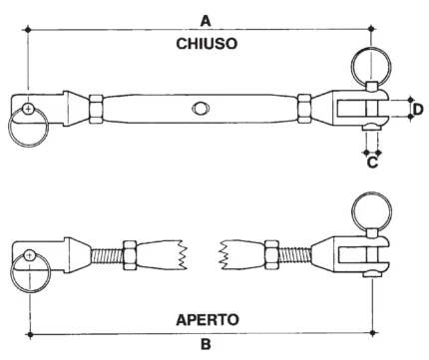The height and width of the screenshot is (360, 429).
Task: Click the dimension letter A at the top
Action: click(x=206, y=21)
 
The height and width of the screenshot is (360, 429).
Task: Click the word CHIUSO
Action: click(x=207, y=44)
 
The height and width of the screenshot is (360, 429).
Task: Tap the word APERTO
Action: click(x=208, y=320)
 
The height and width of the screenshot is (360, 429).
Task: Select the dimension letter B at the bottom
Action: click(x=206, y=344)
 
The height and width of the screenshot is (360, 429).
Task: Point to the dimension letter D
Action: click(x=418, y=109)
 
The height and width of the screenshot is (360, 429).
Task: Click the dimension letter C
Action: click(x=372, y=163)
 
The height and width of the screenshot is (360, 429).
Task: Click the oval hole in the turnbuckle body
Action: click(x=201, y=109)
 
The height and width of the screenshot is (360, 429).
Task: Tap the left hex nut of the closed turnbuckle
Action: click(x=96, y=109)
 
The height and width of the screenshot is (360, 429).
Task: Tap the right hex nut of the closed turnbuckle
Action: click(x=304, y=109)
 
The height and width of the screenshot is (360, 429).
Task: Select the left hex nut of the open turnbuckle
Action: click(x=130, y=255)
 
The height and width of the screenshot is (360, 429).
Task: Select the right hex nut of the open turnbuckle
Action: click(x=271, y=255)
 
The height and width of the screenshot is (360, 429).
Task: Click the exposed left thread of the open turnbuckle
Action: click(x=107, y=256)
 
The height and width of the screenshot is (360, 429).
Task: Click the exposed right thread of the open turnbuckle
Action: click(x=295, y=255)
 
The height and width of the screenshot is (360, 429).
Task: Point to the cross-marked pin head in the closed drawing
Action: click(x=29, y=109)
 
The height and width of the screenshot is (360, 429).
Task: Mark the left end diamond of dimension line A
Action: click(x=28, y=30)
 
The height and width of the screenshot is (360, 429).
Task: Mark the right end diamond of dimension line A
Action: click(x=372, y=29)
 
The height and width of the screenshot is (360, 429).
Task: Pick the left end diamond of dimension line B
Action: click(x=30, y=334)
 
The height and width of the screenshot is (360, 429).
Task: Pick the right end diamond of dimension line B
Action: click(x=373, y=332)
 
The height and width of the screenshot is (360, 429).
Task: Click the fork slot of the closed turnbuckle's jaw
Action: click(x=351, y=109)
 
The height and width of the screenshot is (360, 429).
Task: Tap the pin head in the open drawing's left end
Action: click(x=30, y=255)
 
